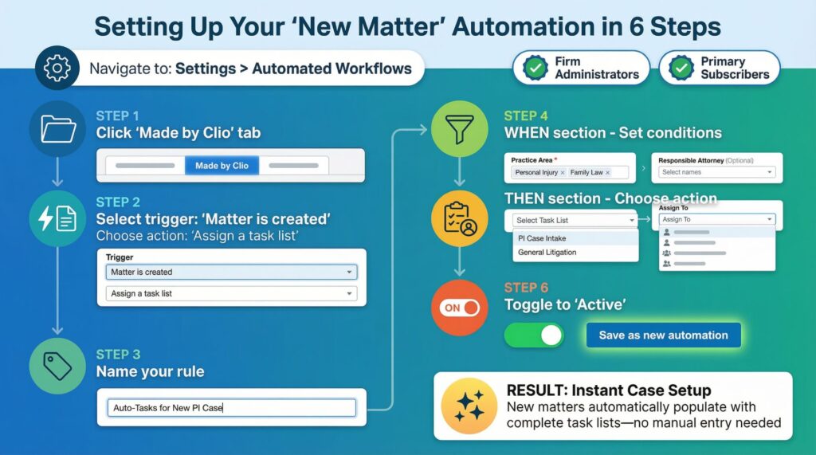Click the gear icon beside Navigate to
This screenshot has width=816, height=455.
pos(57,69)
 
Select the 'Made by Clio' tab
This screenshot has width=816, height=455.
pos(222,166)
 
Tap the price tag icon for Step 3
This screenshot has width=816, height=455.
pos(57,367)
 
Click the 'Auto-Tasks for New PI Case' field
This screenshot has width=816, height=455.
pos(232,408)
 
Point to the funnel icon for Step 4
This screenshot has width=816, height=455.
pos(459,127)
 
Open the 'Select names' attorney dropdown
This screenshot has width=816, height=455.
pos(716,172)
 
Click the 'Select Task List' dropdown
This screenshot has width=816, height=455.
pos(575,220)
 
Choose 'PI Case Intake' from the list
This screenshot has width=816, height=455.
pos(542,238)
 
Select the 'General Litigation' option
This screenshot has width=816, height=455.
pos(547,253)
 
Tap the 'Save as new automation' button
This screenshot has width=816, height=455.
pos(663,335)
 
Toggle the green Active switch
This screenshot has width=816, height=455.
pos(533,335)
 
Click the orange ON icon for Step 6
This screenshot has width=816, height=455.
pos(459,308)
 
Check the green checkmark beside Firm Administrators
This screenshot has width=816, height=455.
pos(535,69)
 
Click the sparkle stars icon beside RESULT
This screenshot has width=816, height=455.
pos(469,405)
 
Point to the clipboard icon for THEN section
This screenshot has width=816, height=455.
pos(459,217)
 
